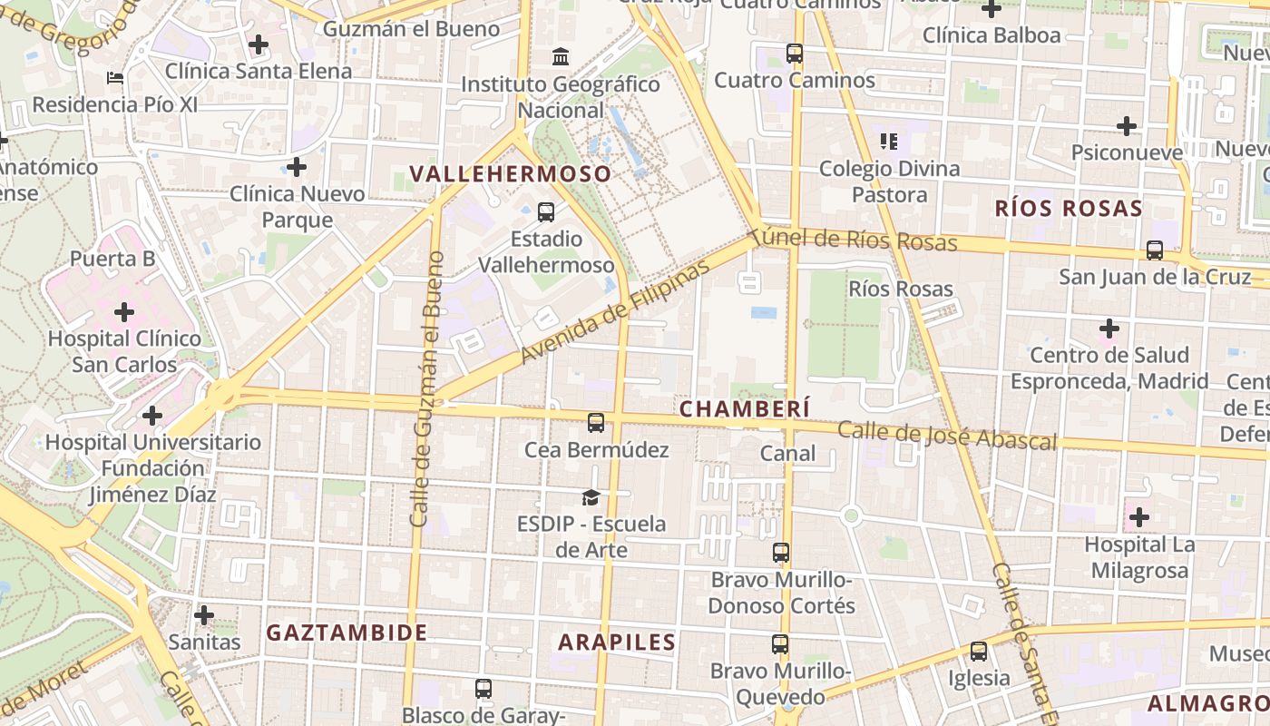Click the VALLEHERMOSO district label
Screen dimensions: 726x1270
511,173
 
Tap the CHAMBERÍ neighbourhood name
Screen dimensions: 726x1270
745,409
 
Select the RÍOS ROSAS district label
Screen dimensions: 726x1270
1069,209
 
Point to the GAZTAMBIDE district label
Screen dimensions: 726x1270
347,633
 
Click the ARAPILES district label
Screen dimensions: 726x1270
617,643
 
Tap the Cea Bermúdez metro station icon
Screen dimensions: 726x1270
596,423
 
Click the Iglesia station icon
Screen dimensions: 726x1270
978,652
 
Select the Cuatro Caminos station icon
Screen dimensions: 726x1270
795,54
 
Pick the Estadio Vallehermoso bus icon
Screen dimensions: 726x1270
546,212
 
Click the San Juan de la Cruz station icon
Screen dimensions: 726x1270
1155,250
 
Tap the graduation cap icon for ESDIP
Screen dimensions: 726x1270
591,497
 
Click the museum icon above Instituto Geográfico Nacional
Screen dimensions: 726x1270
561,57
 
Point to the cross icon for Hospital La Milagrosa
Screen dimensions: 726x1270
1139,518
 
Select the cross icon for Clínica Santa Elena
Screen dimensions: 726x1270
259,44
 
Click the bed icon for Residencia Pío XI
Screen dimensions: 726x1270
115,78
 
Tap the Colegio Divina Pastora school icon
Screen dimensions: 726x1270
889,142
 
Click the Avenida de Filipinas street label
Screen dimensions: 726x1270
615,312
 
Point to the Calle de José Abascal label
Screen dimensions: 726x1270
947,436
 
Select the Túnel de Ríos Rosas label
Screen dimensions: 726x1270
855,240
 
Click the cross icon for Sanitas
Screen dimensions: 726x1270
204,615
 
